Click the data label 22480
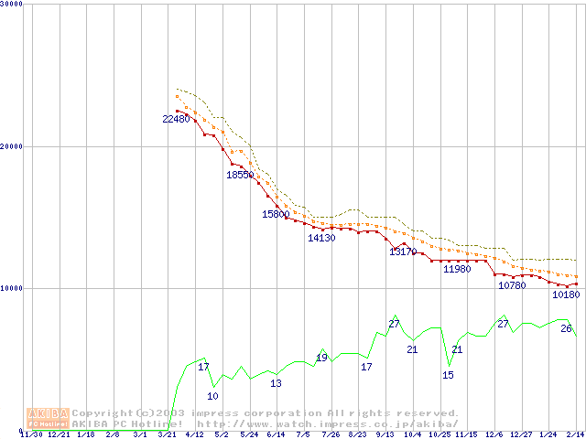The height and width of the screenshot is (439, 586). tap(176, 119)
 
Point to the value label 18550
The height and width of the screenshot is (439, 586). tap(240, 175)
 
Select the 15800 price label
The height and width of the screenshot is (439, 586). tap(276, 214)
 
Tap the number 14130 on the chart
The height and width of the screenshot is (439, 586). tap(321, 238)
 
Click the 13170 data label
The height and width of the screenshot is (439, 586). tap(403, 252)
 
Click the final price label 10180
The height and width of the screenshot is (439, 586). tap(566, 294)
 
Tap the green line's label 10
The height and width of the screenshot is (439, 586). tap(212, 396)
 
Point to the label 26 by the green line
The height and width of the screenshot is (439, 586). tap(566, 328)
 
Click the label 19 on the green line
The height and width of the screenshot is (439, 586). tap(321, 358)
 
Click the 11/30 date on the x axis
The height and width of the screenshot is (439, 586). tap(31, 435)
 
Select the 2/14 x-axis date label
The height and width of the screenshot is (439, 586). tap(576, 435)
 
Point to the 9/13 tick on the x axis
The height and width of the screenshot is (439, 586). tap(385, 435)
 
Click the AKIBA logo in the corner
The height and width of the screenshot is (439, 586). tap(48, 418)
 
